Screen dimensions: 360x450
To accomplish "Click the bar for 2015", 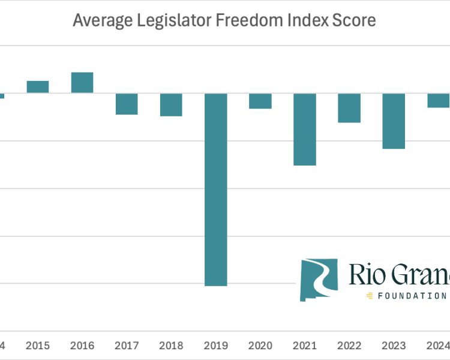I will point(38,87).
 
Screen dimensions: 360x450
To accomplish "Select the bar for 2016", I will point(82,83).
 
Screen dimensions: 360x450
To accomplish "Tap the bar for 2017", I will point(127,104).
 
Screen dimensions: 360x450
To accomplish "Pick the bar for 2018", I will point(171,104).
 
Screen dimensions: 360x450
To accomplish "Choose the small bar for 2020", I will point(260,101).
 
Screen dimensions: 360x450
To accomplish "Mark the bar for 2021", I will point(305,129).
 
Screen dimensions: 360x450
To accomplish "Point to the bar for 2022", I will point(349,108).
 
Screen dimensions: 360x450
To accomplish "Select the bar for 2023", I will point(394,121).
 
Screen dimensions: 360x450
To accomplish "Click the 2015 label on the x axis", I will point(38,346).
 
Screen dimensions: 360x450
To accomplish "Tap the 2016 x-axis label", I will point(82,346).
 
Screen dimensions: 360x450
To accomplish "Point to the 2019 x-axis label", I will point(216,346).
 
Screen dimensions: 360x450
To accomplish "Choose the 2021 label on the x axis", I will point(305,346).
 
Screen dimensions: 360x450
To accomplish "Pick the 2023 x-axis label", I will point(394,346).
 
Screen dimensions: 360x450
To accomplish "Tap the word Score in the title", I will point(357,21).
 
